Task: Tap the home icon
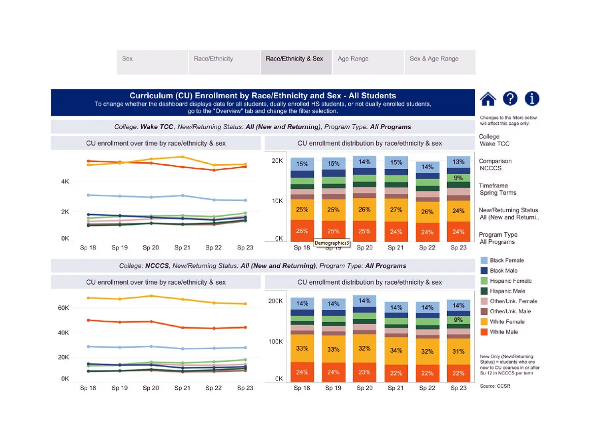coord(488,99)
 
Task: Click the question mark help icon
coord(510,99)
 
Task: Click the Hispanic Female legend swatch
coord(484,281)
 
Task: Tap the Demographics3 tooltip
coord(332,243)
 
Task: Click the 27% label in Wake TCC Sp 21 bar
coord(395,210)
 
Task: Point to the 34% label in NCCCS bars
coord(395,351)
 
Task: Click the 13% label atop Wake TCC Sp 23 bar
coord(459,162)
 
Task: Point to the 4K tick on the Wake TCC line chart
coord(65,182)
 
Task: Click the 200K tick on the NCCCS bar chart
coord(275,301)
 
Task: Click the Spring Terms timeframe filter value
coord(498,193)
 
